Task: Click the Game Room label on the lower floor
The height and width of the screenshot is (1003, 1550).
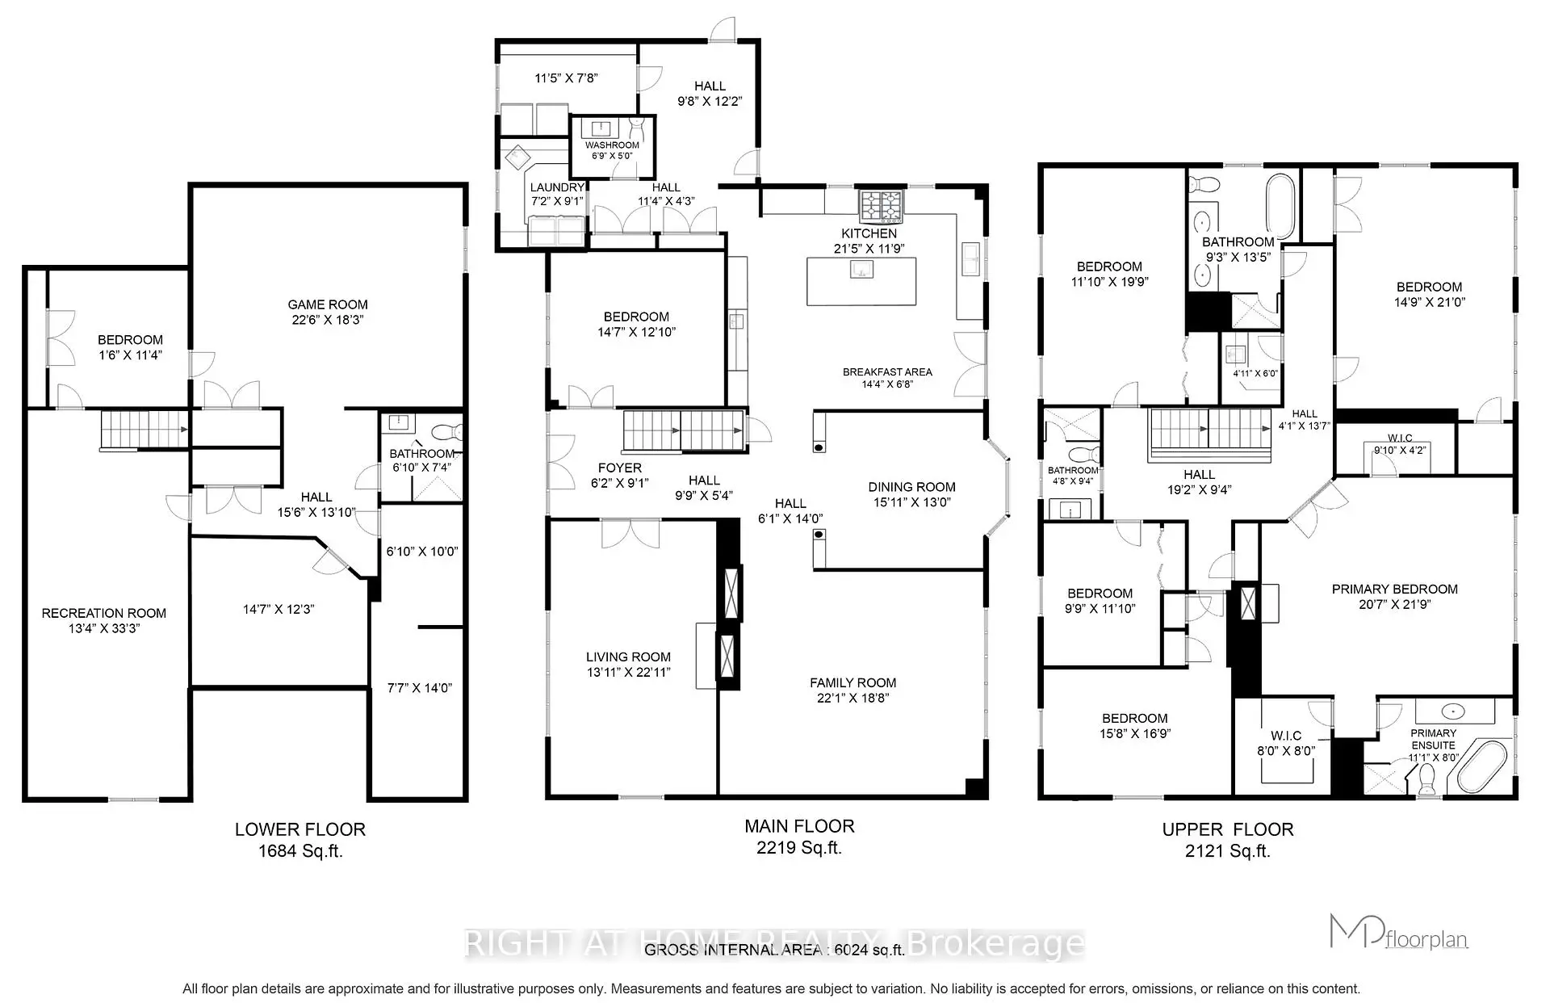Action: click(x=328, y=304)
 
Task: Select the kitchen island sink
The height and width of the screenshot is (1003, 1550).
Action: click(x=861, y=270)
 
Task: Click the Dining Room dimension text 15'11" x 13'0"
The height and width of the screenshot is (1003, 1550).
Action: click(x=911, y=502)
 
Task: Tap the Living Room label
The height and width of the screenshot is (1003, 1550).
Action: click(x=628, y=657)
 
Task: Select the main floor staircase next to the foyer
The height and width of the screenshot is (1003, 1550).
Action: click(x=682, y=430)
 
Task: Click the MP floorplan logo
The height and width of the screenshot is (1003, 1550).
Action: click(x=1398, y=934)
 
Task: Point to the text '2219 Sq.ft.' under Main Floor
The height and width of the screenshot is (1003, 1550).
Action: click(x=799, y=848)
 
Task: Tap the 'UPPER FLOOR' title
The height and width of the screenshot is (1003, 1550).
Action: click(x=1227, y=829)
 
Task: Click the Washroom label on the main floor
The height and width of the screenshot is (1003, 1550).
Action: click(x=612, y=145)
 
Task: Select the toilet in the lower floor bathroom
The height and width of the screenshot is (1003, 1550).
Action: click(x=446, y=431)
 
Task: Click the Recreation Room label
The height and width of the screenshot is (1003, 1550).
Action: click(x=103, y=613)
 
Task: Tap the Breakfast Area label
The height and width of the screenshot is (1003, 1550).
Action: click(x=887, y=372)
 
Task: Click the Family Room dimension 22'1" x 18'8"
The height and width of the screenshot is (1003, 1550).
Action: click(x=852, y=699)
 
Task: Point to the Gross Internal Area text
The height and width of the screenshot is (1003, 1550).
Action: click(x=773, y=951)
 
